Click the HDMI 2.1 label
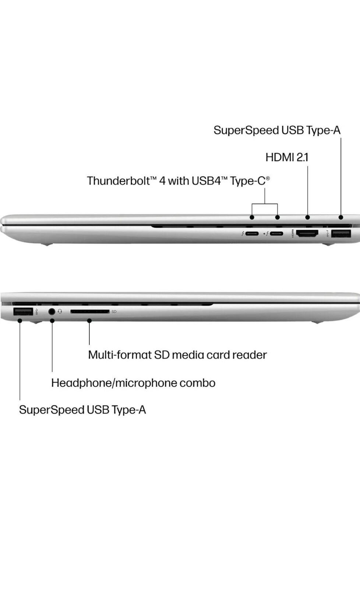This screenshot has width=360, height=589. click(x=287, y=157)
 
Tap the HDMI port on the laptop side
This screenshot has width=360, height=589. click(x=307, y=233)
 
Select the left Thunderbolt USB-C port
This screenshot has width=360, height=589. click(x=252, y=233)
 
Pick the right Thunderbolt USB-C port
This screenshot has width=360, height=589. click(x=276, y=233)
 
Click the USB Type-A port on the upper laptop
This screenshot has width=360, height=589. click(x=341, y=233)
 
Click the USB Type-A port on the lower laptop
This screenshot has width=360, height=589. click(x=23, y=311)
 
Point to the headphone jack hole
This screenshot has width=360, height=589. click(x=52, y=311)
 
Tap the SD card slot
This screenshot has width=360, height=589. click(x=90, y=311)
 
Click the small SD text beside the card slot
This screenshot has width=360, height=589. click(x=114, y=311)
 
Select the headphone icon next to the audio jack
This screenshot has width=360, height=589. click(x=60, y=311)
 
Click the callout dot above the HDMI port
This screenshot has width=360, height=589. click(x=308, y=217)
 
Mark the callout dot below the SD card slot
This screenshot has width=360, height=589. click(x=89, y=321)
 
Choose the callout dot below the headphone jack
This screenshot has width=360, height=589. click(x=52, y=321)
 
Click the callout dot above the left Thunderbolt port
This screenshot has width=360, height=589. click(x=252, y=217)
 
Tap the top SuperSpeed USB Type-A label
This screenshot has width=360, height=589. click(x=277, y=130)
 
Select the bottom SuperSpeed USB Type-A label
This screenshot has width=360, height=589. click(x=82, y=410)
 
